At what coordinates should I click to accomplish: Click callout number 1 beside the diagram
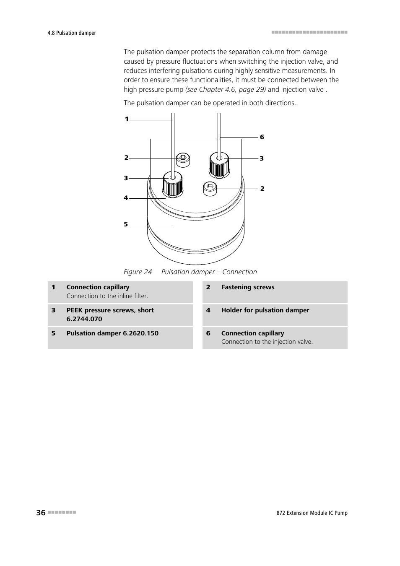[127, 119]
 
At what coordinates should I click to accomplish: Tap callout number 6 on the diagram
[262, 137]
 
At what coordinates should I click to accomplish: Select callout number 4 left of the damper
[126, 198]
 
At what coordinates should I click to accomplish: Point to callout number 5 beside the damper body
[126, 224]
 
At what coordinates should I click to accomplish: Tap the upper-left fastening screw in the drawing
[182, 158]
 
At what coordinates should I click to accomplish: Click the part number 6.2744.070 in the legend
[84, 319]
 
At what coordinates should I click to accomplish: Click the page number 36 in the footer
[41, 512]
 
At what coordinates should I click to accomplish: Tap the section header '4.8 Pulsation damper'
[72, 33]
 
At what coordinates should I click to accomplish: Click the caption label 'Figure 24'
[138, 272]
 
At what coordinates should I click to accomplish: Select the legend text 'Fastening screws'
[248, 287]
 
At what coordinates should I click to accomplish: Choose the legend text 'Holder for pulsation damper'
[265, 310]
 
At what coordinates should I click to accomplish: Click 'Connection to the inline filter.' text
[107, 296]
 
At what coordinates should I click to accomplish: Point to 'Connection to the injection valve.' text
[267, 342]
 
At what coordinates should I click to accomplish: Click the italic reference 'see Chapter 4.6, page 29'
[226, 89]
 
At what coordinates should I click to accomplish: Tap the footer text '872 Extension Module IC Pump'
[309, 513]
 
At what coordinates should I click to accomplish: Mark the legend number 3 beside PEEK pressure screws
[53, 310]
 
